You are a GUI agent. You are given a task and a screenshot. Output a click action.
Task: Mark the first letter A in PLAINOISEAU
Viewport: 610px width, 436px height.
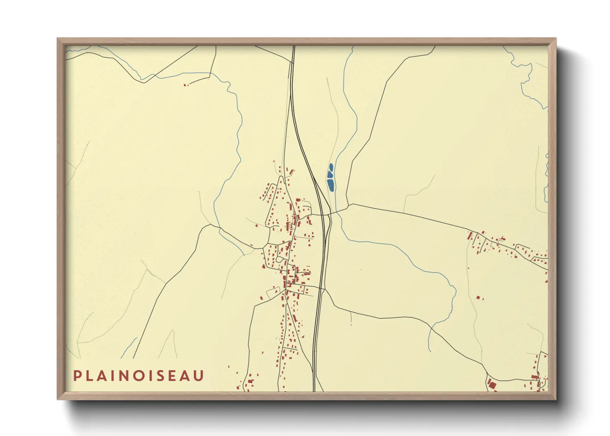tap(104, 376)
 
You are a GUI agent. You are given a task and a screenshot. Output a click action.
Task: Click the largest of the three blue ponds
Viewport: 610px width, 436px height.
tap(331, 185)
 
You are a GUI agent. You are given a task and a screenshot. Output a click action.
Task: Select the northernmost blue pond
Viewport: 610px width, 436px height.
tap(331, 167)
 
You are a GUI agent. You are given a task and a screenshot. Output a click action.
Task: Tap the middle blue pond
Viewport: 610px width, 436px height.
tap(330, 174)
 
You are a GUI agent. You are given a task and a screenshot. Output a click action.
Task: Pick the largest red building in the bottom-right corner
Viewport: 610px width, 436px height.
tap(492, 385)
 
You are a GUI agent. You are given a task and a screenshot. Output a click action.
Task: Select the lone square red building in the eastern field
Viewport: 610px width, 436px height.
tap(478, 297)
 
